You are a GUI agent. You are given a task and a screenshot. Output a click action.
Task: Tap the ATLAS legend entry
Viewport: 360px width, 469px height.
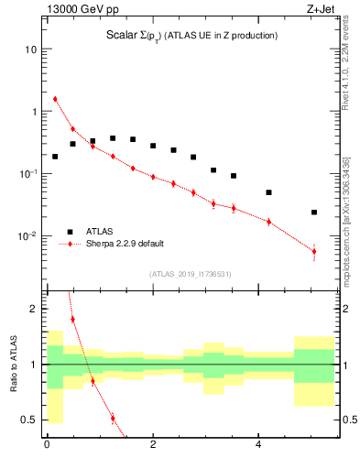point(102,232)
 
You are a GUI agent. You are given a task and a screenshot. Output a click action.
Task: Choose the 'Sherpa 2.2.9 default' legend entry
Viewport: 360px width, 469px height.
point(125,244)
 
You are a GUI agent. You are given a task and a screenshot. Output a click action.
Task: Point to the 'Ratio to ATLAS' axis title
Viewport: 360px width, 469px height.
point(13,364)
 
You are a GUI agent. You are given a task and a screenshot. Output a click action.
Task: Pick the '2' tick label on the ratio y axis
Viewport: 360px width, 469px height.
point(33,309)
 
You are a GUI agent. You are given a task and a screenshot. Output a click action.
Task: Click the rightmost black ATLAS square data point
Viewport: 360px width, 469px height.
point(314,212)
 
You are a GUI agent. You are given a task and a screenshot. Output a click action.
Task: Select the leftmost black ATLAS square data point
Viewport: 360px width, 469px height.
point(55,157)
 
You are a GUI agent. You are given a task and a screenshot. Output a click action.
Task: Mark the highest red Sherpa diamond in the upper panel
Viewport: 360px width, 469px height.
point(55,99)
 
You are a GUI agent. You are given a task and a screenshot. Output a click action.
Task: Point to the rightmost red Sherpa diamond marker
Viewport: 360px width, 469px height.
point(314,251)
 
